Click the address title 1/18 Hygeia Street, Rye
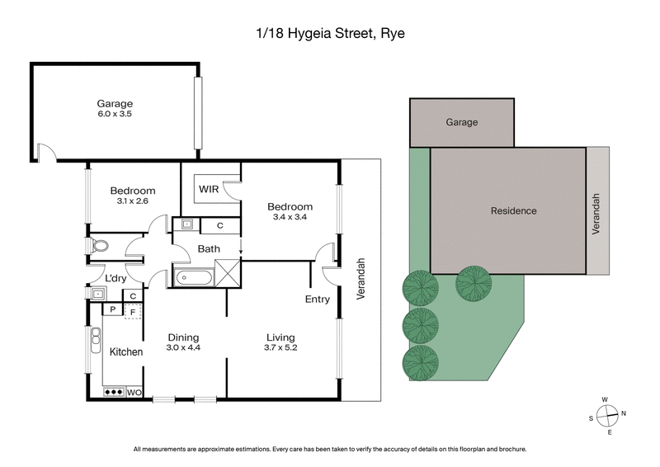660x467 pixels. (x=329, y=35)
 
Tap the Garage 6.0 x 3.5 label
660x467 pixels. (x=115, y=108)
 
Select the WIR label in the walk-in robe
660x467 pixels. (x=209, y=189)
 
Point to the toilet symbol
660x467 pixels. (x=101, y=246)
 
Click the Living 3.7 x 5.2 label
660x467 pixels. (x=280, y=342)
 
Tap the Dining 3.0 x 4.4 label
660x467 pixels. (x=183, y=342)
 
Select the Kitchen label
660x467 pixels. (x=126, y=352)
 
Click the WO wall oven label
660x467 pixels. (x=134, y=393)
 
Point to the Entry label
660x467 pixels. (x=317, y=299)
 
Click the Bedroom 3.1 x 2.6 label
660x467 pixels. (x=132, y=196)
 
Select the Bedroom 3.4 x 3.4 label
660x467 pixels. (x=290, y=211)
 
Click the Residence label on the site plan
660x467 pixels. (x=513, y=210)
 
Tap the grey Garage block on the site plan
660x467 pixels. (x=462, y=122)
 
